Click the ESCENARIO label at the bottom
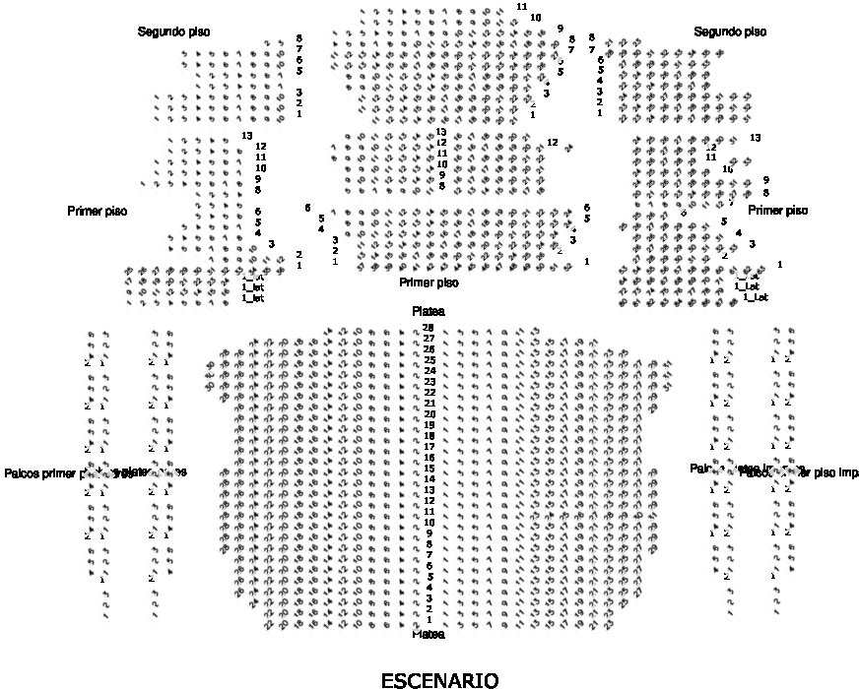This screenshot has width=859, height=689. tap(439, 679)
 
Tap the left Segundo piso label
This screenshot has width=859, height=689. tap(173, 32)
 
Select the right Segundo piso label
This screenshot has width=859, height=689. tap(730, 32)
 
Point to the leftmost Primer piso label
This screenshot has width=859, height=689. tap(98, 212)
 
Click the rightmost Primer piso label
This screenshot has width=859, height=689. tap(777, 211)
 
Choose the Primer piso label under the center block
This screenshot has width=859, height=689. tap(429, 282)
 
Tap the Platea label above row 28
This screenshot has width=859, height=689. tap(429, 311)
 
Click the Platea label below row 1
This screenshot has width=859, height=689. tap(429, 634)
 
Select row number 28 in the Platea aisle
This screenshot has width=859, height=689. tap(429, 327)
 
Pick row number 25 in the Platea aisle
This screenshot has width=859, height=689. tap(429, 360)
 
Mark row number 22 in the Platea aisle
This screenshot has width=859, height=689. tap(429, 393)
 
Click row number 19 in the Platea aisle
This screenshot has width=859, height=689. tap(429, 425)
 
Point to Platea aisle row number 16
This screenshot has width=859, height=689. tap(429, 458)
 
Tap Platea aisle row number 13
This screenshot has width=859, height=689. tap(429, 490)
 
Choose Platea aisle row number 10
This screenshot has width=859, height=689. tap(429, 523)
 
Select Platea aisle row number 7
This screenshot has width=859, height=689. tap(429, 555)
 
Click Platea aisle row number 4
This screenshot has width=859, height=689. tap(429, 588)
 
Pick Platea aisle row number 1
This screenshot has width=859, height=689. tap(429, 620)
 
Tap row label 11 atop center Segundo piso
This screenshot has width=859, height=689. tap(521, 7)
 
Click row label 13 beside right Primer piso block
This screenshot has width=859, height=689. tap(756, 137)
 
